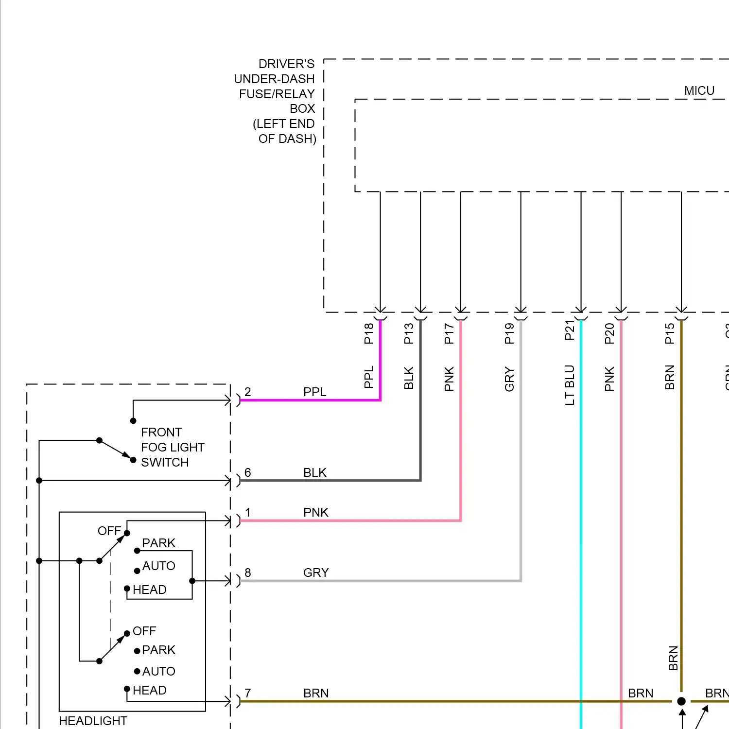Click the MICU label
click(699, 91)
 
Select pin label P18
click(369, 333)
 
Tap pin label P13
click(409, 333)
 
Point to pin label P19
click(509, 333)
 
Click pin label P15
click(670, 333)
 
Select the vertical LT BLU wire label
click(570, 385)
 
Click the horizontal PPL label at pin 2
click(314, 392)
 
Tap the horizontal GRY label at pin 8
click(316, 573)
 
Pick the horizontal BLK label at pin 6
click(314, 472)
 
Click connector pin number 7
click(248, 693)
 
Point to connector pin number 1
click(248, 512)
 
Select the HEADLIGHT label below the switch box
click(93, 721)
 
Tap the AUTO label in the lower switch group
click(158, 671)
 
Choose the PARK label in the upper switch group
click(158, 543)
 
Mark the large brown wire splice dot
click(681, 701)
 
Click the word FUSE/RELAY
click(277, 94)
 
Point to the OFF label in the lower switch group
click(144, 631)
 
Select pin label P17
click(449, 333)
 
